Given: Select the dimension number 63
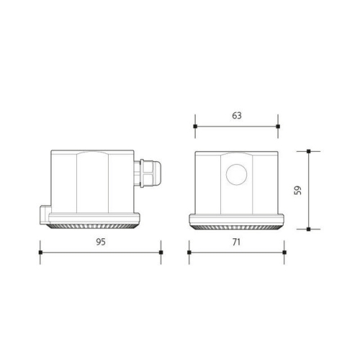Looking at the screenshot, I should [237, 114].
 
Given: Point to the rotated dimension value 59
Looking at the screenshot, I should [298, 190].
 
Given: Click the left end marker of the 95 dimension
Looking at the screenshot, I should [40, 253].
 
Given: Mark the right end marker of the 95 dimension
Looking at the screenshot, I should [161, 253].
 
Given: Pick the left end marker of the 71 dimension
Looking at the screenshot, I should [189, 253].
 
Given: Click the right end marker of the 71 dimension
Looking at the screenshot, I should [284, 253].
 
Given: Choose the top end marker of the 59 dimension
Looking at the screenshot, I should [309, 151].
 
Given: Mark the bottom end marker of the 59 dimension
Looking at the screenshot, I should [309, 229].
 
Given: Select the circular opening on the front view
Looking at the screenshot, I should [236, 174].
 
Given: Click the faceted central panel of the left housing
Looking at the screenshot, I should [92, 184].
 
